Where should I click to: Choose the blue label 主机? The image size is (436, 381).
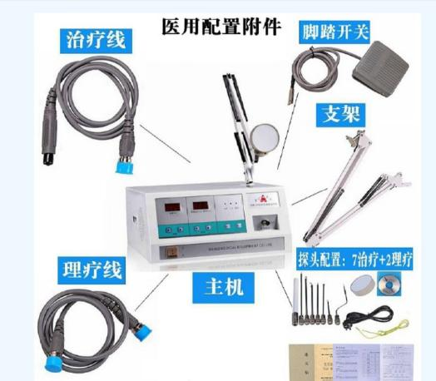[224, 288]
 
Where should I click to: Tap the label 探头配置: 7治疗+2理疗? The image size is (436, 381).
[354, 260]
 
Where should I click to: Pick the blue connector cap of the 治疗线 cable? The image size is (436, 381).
[127, 165]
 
